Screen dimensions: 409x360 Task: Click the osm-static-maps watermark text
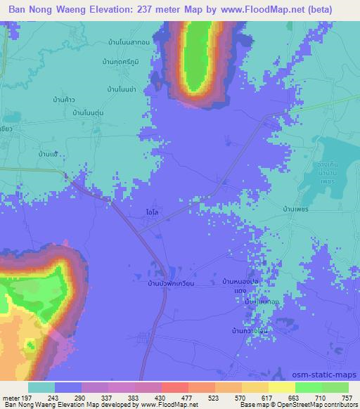(x=330, y=373)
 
